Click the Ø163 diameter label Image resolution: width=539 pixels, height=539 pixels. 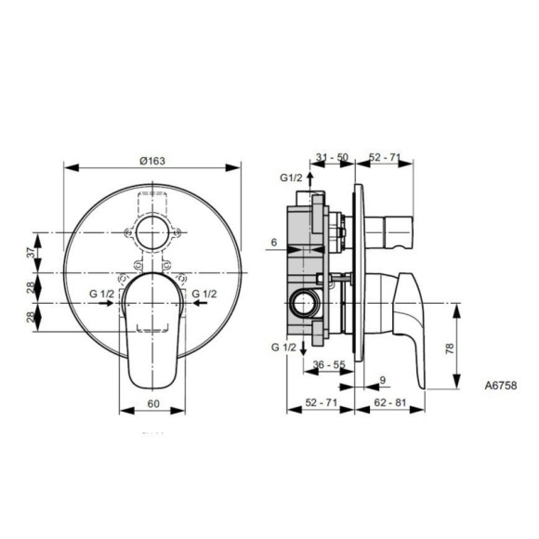(151, 160)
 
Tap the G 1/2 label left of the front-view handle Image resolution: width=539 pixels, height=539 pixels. (102, 295)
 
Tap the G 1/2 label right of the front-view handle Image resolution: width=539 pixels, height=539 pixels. (206, 295)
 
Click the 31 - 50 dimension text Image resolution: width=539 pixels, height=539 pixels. (331, 158)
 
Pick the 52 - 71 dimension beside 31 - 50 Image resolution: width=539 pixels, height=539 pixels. (382, 158)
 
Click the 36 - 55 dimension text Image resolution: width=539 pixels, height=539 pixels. (331, 365)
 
